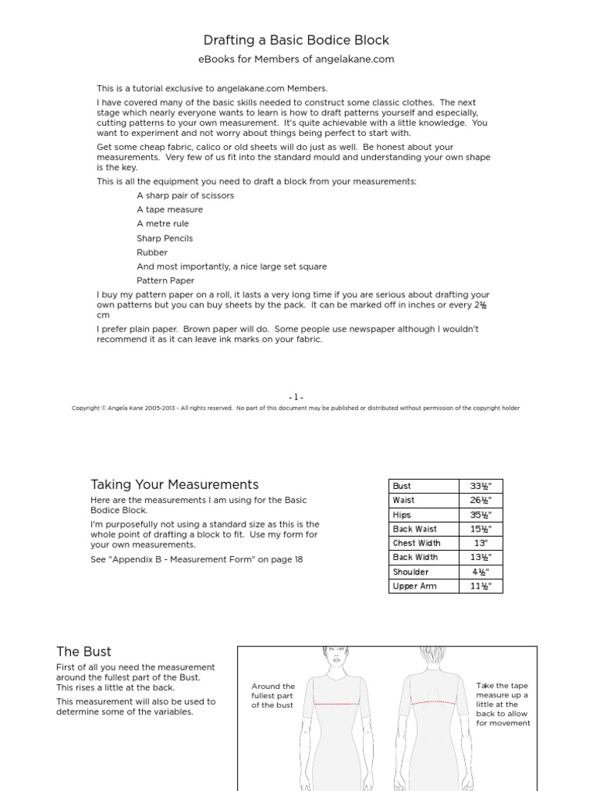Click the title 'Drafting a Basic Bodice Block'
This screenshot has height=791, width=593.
pyautogui.click(x=296, y=40)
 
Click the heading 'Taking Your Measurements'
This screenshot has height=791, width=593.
pyautogui.click(x=175, y=485)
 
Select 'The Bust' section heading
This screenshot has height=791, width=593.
pyautogui.click(x=84, y=652)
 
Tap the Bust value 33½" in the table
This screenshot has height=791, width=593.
pyautogui.click(x=481, y=487)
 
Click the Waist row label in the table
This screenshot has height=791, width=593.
pyautogui.click(x=404, y=501)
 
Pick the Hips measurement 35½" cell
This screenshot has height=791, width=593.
pyautogui.click(x=481, y=515)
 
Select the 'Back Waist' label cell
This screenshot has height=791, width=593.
pyautogui.click(x=415, y=529)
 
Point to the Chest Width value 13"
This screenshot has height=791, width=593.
pyautogui.click(x=481, y=543)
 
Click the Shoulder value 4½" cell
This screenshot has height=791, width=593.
pyautogui.click(x=481, y=572)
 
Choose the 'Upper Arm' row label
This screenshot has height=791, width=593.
pyautogui.click(x=415, y=586)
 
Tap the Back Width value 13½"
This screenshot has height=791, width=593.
pyautogui.click(x=481, y=558)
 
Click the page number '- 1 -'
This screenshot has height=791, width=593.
pyautogui.click(x=296, y=397)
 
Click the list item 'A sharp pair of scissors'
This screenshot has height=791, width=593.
pyautogui.click(x=185, y=195)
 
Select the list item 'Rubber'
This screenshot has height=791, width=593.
pyautogui.click(x=152, y=253)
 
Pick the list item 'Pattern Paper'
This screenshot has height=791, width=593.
pyautogui.click(x=165, y=281)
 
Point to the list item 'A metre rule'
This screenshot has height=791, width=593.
pyautogui.click(x=163, y=224)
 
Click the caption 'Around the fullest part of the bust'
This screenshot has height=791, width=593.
pyautogui.click(x=273, y=696)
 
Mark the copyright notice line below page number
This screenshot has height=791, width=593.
pyautogui.click(x=296, y=409)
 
